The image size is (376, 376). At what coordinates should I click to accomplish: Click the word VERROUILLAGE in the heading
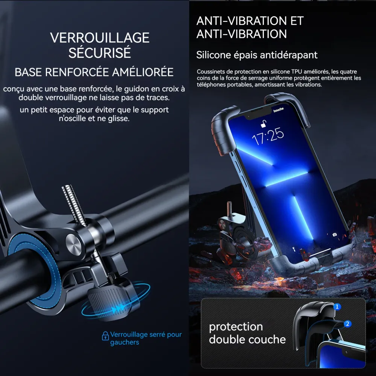click(x=100, y=38)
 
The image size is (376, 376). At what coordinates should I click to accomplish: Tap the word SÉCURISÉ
click(x=100, y=53)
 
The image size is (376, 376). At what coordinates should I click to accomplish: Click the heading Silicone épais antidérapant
click(x=257, y=55)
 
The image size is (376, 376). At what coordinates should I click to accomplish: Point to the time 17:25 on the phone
click(x=268, y=136)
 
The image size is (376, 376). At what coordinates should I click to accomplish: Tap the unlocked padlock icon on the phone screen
click(x=264, y=124)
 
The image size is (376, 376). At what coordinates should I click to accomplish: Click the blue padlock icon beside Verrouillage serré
click(x=105, y=336)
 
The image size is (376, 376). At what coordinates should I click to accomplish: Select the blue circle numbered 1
click(x=337, y=306)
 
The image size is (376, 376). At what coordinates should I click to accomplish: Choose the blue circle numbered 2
click(x=347, y=324)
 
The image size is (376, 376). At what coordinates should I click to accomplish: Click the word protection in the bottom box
click(x=236, y=327)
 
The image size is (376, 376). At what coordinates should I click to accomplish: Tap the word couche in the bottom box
click(x=267, y=340)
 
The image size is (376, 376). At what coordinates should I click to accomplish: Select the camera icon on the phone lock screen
click(x=335, y=235)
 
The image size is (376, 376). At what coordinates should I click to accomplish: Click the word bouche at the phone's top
click(x=279, y=110)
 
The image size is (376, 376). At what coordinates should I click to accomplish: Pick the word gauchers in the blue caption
click(x=124, y=342)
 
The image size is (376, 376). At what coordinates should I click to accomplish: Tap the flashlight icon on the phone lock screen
click(x=294, y=249)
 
